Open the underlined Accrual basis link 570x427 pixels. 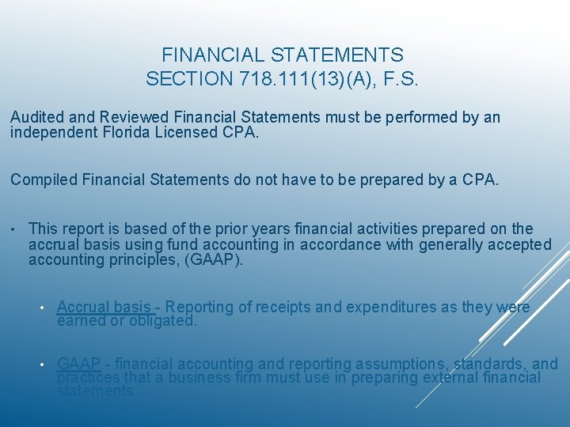104,308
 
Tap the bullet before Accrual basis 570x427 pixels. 44,308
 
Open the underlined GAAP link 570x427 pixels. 78,364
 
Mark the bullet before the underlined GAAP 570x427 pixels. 44,365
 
